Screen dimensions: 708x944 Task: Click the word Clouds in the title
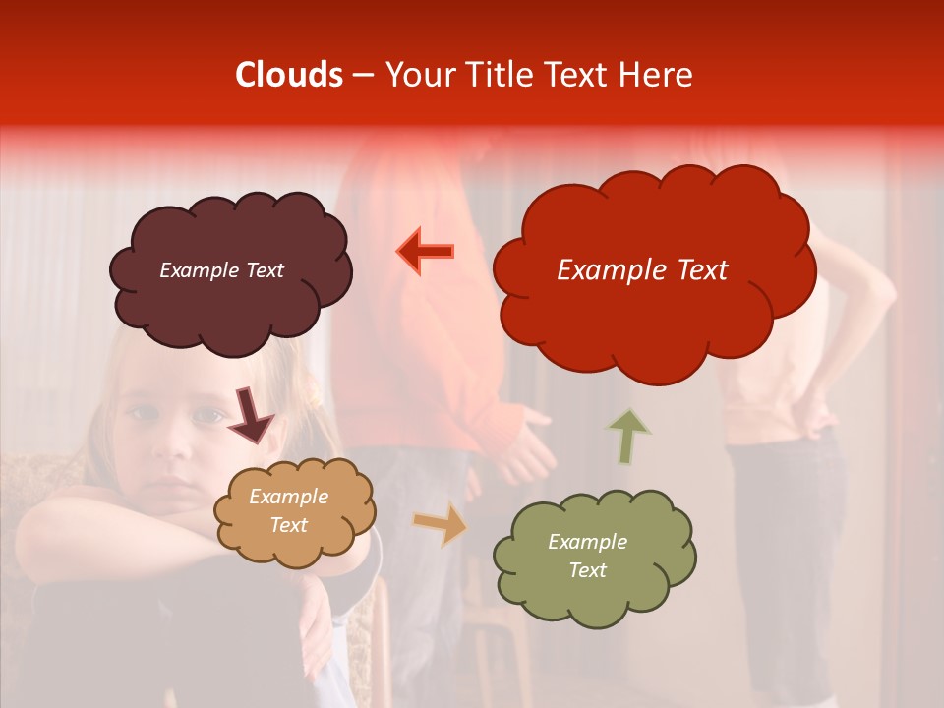click(x=289, y=75)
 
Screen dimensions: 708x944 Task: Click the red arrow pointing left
click(x=426, y=251)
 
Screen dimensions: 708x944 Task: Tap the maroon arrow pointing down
click(x=250, y=416)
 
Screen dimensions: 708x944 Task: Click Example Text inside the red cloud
click(x=642, y=270)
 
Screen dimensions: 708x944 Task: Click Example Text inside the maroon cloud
click(x=221, y=270)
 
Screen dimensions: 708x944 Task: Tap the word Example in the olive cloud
click(x=587, y=542)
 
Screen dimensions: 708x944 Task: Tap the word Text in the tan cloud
click(x=288, y=525)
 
